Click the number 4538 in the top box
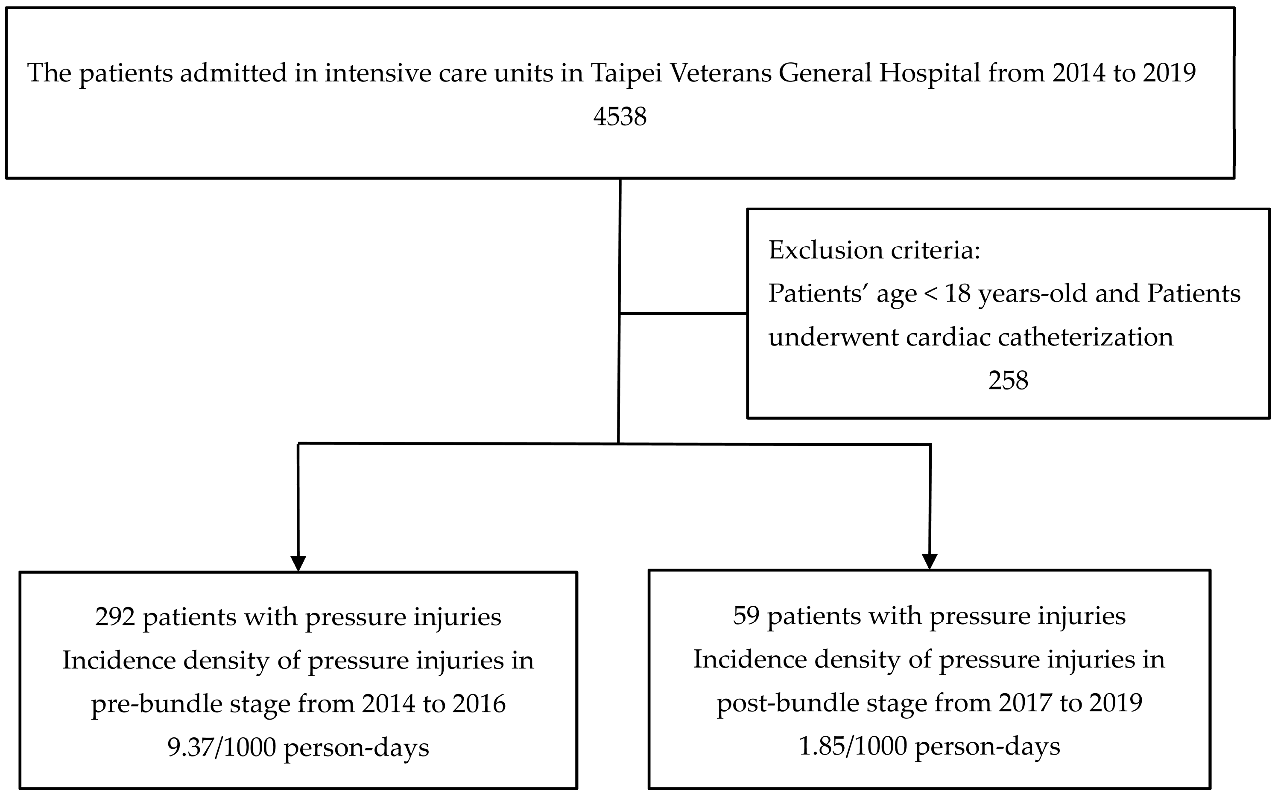[x=620, y=116]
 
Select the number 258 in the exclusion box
[x=1008, y=380]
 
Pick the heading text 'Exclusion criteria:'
[x=874, y=250]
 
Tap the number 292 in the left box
[x=115, y=616]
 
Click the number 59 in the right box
[x=746, y=616]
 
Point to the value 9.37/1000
[x=222, y=747]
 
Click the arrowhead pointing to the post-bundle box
[x=930, y=561]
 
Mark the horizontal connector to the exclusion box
[x=683, y=314]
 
